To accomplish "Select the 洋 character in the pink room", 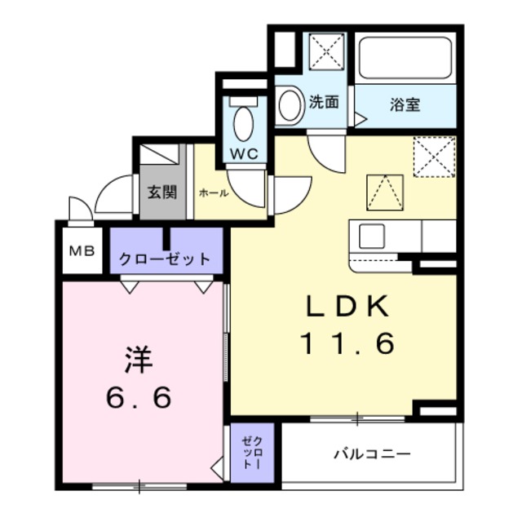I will tap(139, 359).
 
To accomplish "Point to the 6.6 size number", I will tap(139, 398).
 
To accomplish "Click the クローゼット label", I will tap(166, 260).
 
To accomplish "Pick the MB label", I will tap(81, 251).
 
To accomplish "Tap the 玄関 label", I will tap(162, 192).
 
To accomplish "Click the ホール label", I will tap(213, 193).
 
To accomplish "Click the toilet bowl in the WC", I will tap(243, 123).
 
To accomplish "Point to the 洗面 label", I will tap(324, 103).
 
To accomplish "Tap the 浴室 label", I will tap(405, 104).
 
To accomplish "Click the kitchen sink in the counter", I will tap(372, 236).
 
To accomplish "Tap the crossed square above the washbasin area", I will tap(326, 54).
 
